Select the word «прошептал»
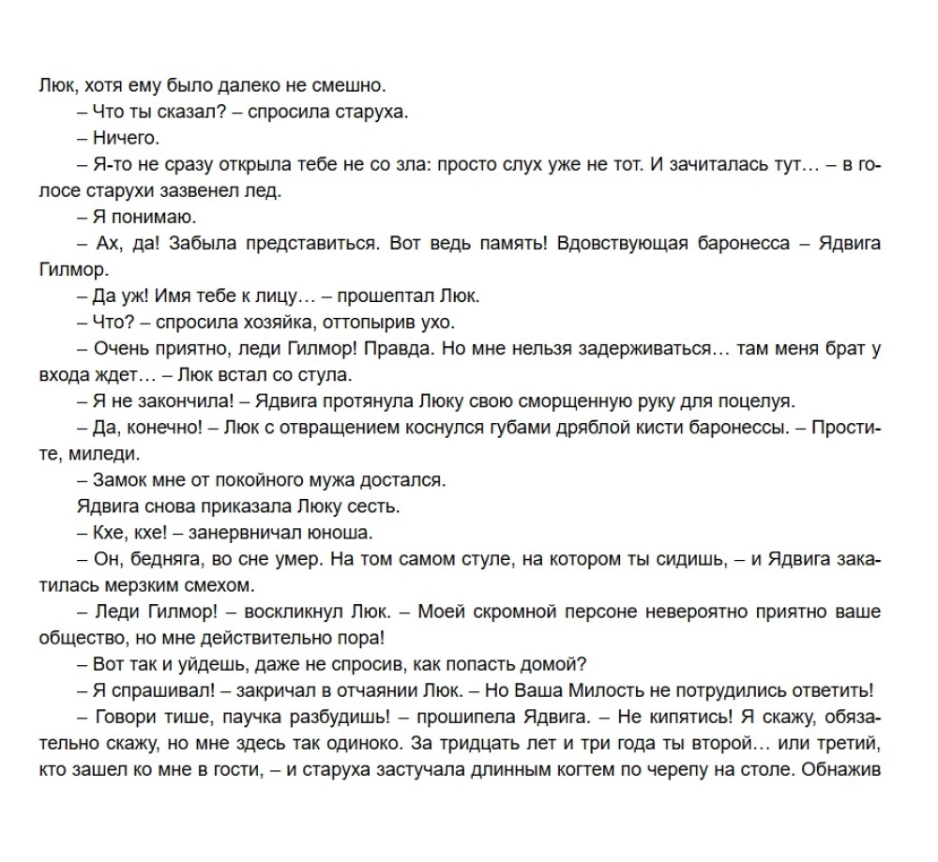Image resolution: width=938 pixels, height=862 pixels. pos(376,296)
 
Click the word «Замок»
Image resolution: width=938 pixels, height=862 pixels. pos(120,481)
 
